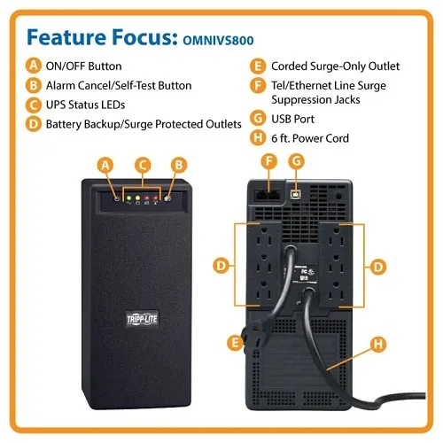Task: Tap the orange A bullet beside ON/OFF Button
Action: tap(34, 66)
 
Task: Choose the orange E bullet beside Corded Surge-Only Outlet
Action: tap(257, 66)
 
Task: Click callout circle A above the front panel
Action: tap(106, 164)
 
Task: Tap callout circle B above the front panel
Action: tap(179, 164)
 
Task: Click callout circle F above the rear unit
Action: tap(269, 161)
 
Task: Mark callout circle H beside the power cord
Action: tap(377, 343)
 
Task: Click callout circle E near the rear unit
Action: tap(234, 341)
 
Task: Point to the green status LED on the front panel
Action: tap(130, 198)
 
